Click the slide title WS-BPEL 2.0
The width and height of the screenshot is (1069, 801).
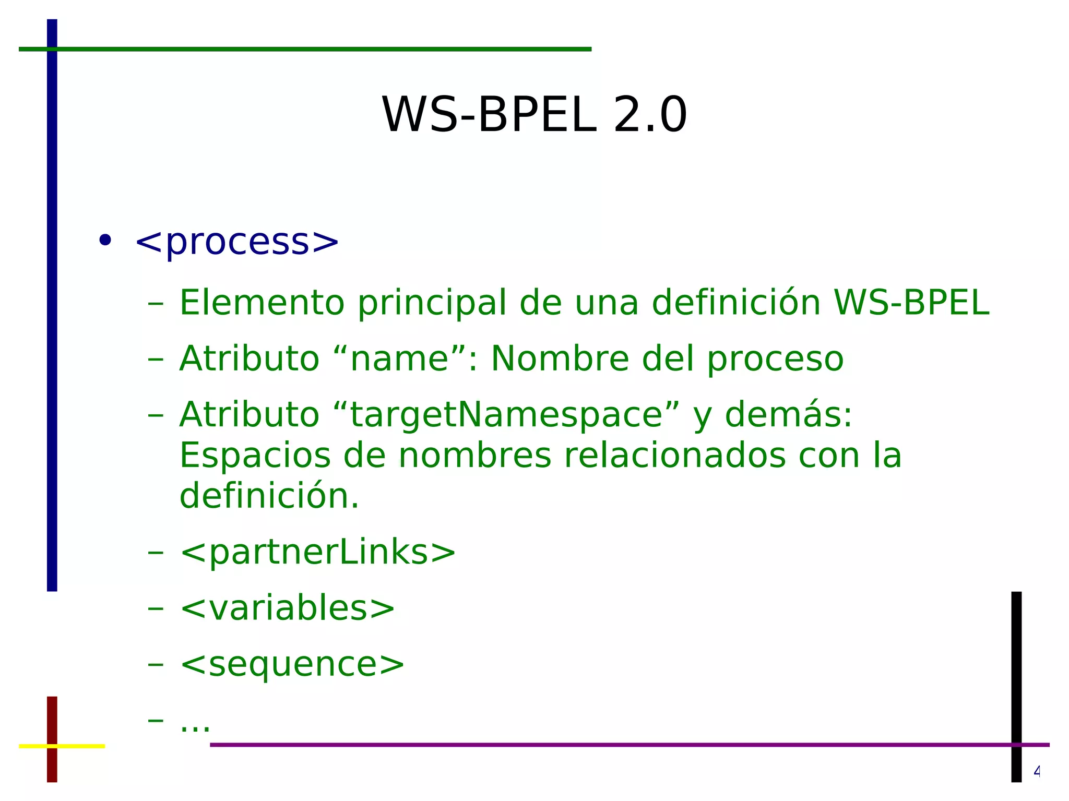coord(534,115)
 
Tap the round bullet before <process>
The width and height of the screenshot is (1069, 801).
coord(105,241)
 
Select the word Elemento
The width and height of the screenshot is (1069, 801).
coord(262,303)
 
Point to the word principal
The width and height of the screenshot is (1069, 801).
coord(432,303)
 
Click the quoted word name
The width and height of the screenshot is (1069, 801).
coord(400,359)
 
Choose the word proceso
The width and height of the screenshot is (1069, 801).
coord(775,360)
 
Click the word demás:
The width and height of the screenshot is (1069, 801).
coord(788,415)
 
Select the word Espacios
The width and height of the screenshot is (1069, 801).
coord(255,456)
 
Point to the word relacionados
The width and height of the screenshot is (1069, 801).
coord(674,456)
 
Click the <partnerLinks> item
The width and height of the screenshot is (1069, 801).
coord(317,553)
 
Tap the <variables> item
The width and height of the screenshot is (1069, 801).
coord(287,609)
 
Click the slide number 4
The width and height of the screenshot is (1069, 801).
coord(1037,771)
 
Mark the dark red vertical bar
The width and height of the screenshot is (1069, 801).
coord(52,720)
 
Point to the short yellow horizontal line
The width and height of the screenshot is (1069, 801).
coord(78,746)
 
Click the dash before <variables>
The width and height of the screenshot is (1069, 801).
coord(156,608)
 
